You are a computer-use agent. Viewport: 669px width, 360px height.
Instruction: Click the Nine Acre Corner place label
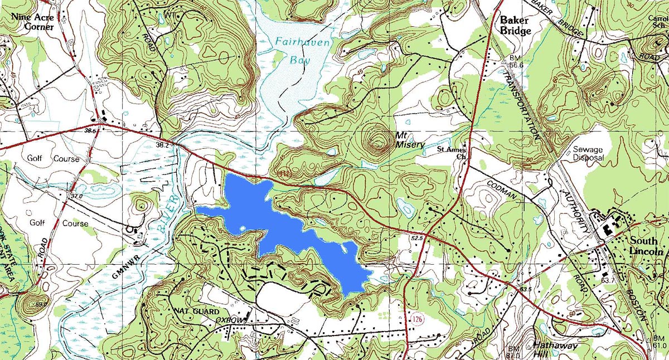(x=33, y=22)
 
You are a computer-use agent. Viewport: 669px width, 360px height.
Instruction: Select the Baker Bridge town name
(x=515, y=26)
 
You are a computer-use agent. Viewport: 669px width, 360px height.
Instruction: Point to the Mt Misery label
(x=410, y=140)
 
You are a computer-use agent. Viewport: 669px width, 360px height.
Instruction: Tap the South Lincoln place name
(x=648, y=246)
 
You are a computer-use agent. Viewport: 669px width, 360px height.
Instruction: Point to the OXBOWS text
(x=231, y=321)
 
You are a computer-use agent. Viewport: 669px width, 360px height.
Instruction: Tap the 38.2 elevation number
(x=162, y=144)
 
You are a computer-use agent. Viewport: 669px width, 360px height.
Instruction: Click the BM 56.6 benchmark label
(x=517, y=62)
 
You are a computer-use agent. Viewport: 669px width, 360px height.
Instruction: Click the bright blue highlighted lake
(x=290, y=223)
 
